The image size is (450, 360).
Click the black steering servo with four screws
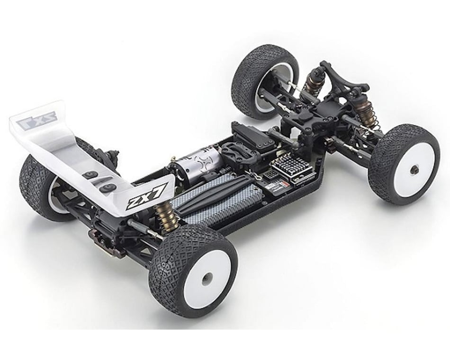(251, 135)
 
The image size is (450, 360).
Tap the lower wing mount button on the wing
(108, 188)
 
